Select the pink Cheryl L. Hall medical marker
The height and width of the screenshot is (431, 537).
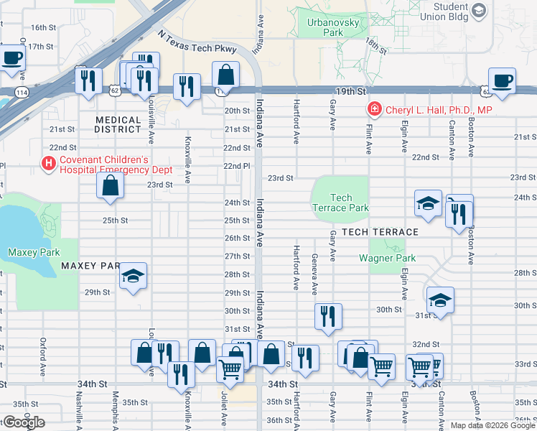(x=373, y=110)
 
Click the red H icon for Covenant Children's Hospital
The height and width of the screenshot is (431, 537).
(x=49, y=164)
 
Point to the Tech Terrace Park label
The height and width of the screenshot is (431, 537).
(x=341, y=203)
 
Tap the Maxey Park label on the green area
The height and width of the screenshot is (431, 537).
(x=34, y=252)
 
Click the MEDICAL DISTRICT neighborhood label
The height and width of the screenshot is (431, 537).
(x=117, y=125)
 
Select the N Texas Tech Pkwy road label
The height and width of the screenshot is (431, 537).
(x=197, y=45)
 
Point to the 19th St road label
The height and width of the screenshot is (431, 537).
(x=350, y=93)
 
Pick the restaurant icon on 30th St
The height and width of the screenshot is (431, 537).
(x=327, y=316)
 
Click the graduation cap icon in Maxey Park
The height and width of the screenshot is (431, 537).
(x=133, y=277)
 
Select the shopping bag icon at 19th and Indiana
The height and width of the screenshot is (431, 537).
(x=225, y=74)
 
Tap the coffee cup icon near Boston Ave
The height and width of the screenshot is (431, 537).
(x=503, y=80)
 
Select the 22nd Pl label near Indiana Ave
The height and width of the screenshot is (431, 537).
(x=236, y=166)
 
